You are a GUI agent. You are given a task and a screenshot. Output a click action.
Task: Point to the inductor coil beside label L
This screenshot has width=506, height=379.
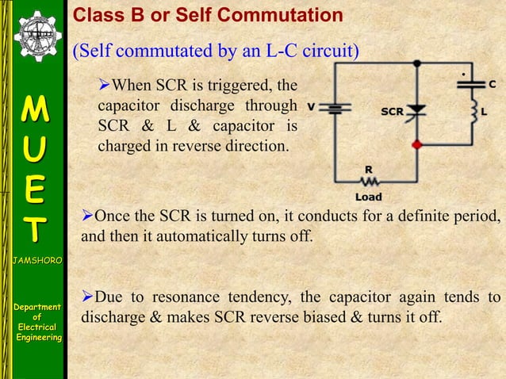[474, 113]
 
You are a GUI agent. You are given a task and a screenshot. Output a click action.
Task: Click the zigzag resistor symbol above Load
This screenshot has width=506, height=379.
[369, 182]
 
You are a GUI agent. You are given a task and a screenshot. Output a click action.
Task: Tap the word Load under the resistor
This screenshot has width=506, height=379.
[368, 197]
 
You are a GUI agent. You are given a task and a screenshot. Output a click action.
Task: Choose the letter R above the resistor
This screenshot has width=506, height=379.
[369, 169]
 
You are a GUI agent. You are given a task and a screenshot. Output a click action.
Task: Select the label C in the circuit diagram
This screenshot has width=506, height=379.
[493, 83]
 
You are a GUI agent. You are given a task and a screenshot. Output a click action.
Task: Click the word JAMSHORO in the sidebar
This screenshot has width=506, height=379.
[34, 259]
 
